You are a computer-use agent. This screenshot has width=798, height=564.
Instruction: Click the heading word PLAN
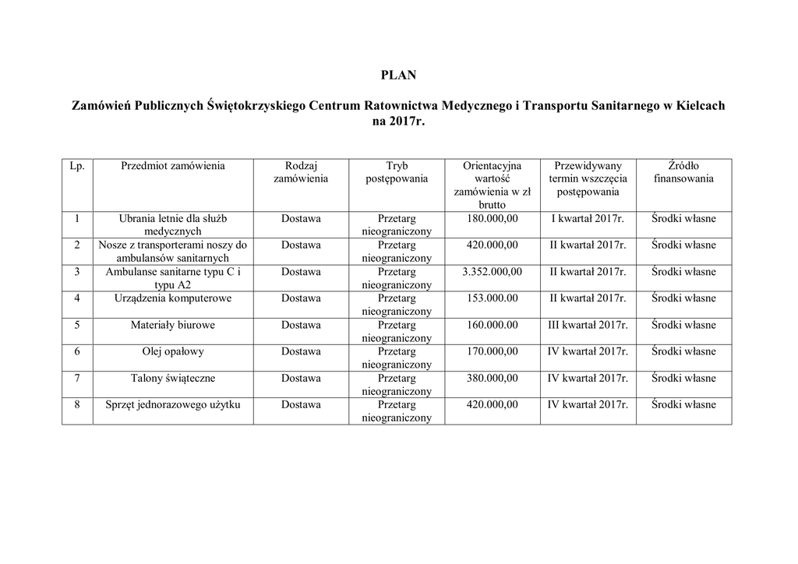[x=398, y=76]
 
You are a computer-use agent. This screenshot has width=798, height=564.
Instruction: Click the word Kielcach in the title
[x=698, y=105]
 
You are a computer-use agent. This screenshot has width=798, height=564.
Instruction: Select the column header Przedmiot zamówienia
[x=173, y=166]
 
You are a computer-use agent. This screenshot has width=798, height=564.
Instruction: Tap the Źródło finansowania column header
[x=683, y=172]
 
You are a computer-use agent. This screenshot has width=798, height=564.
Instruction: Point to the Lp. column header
[x=77, y=166]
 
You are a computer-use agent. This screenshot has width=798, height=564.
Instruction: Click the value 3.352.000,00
[x=492, y=272]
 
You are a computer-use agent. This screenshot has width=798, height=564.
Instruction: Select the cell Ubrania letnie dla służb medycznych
[x=173, y=224]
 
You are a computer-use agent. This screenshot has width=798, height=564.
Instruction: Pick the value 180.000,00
[x=492, y=219]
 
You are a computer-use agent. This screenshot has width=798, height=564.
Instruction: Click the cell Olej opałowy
[x=173, y=352]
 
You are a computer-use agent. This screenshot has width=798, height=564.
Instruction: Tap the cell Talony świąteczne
[x=173, y=379]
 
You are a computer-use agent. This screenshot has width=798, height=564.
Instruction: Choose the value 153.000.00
[x=492, y=298]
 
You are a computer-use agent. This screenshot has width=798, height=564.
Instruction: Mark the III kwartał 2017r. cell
[x=588, y=326]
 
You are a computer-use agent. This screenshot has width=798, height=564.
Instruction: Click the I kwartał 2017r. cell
[x=588, y=219]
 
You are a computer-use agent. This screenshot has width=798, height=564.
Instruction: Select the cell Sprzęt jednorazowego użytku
[x=173, y=405]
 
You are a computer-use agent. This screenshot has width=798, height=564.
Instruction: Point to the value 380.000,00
[x=492, y=379]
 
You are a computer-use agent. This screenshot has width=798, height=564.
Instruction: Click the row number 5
[x=77, y=326]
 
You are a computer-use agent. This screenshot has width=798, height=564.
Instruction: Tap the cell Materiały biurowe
[x=173, y=326]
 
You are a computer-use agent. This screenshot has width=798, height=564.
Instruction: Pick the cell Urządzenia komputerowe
[x=173, y=298]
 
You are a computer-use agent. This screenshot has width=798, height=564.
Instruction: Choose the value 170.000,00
[x=492, y=352]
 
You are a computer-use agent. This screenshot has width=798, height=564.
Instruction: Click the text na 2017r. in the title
[x=398, y=122]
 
